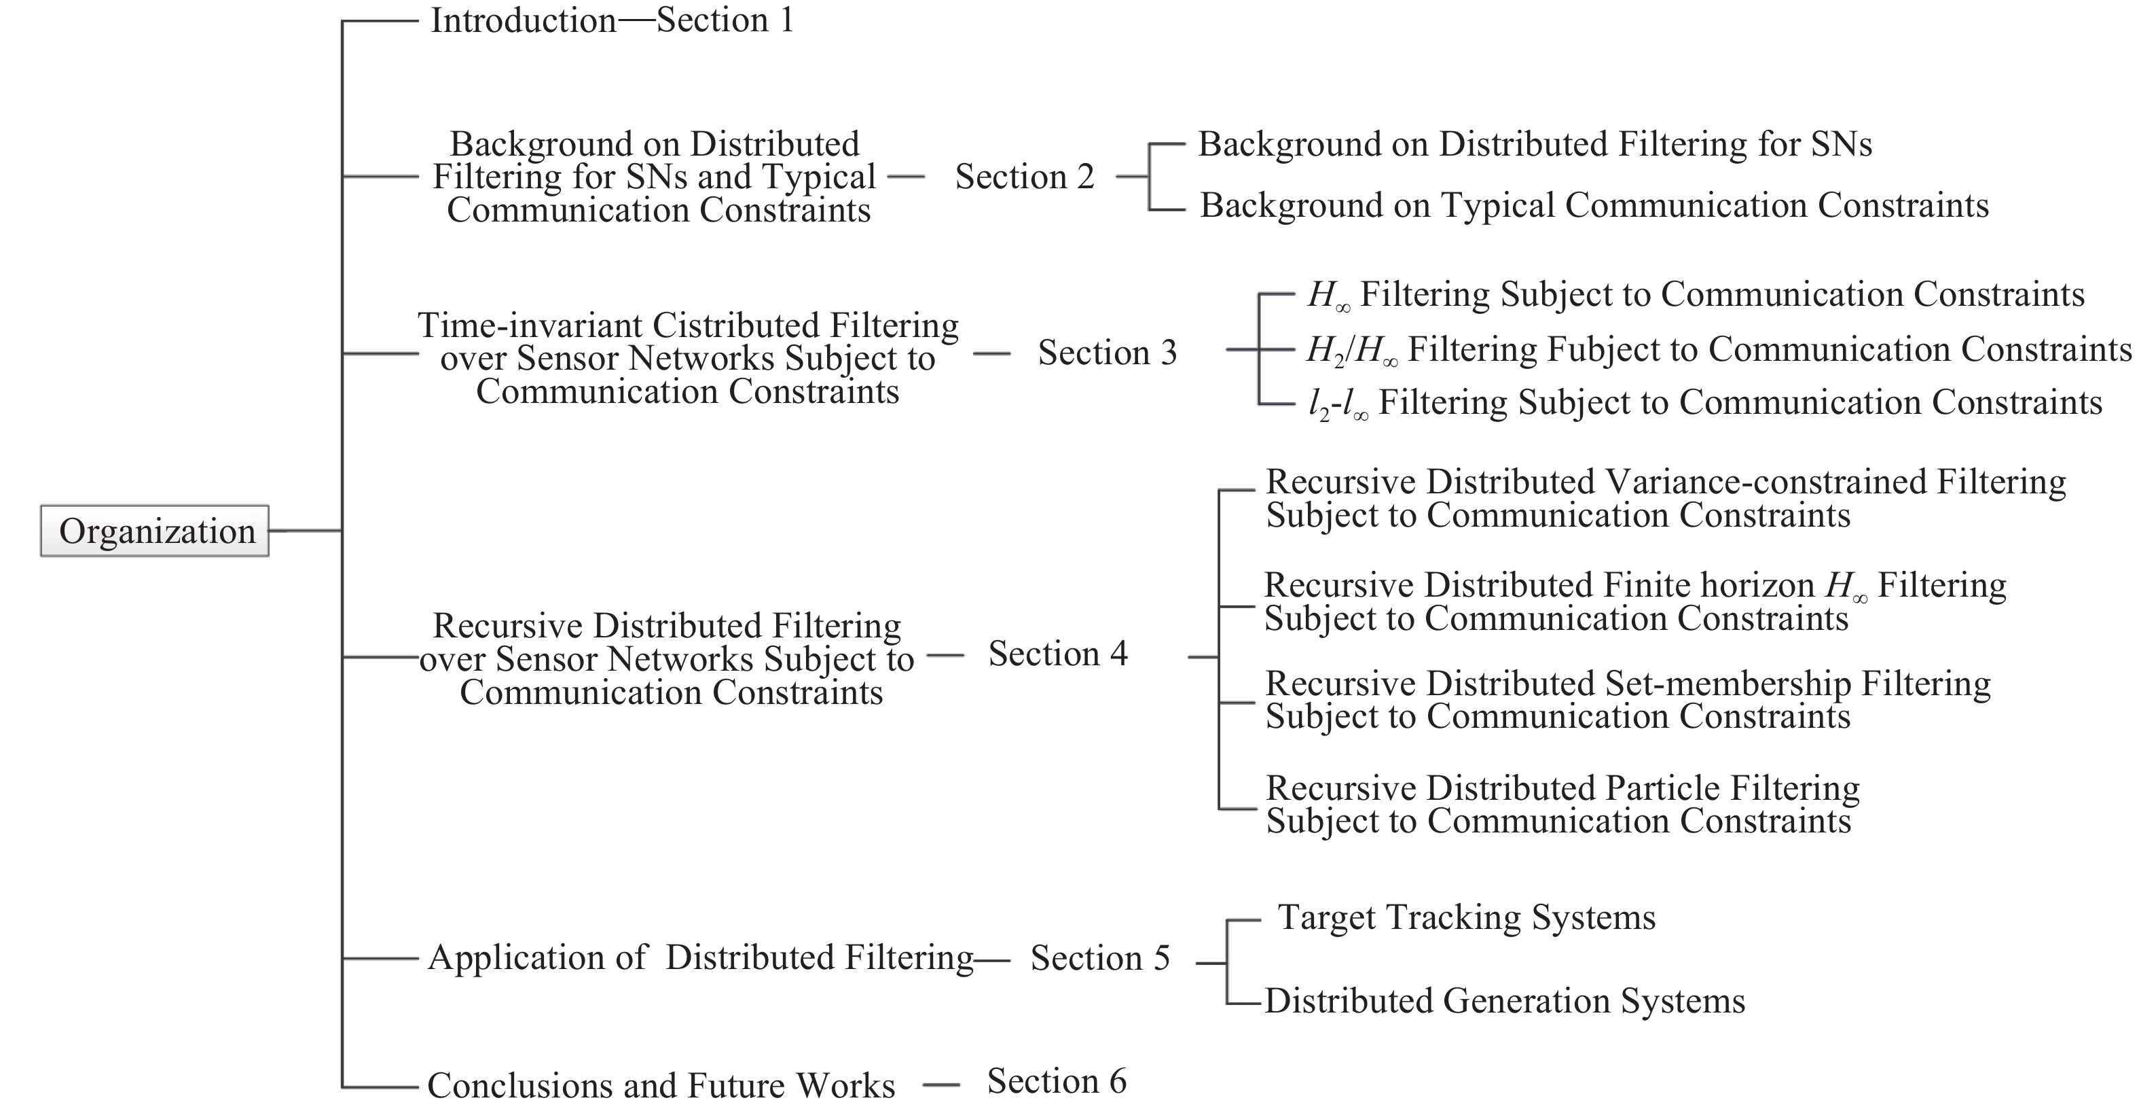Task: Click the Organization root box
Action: tap(154, 531)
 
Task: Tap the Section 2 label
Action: tap(1025, 176)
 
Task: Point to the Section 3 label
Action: tap(1108, 352)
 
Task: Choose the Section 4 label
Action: tap(1058, 654)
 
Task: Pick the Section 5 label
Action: tap(1100, 958)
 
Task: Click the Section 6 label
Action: tap(1056, 1080)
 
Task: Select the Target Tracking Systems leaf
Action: tap(1467, 918)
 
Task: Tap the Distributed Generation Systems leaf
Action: tap(1505, 1001)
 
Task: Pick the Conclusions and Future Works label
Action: tap(661, 1086)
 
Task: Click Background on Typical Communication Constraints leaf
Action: tap(1594, 205)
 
